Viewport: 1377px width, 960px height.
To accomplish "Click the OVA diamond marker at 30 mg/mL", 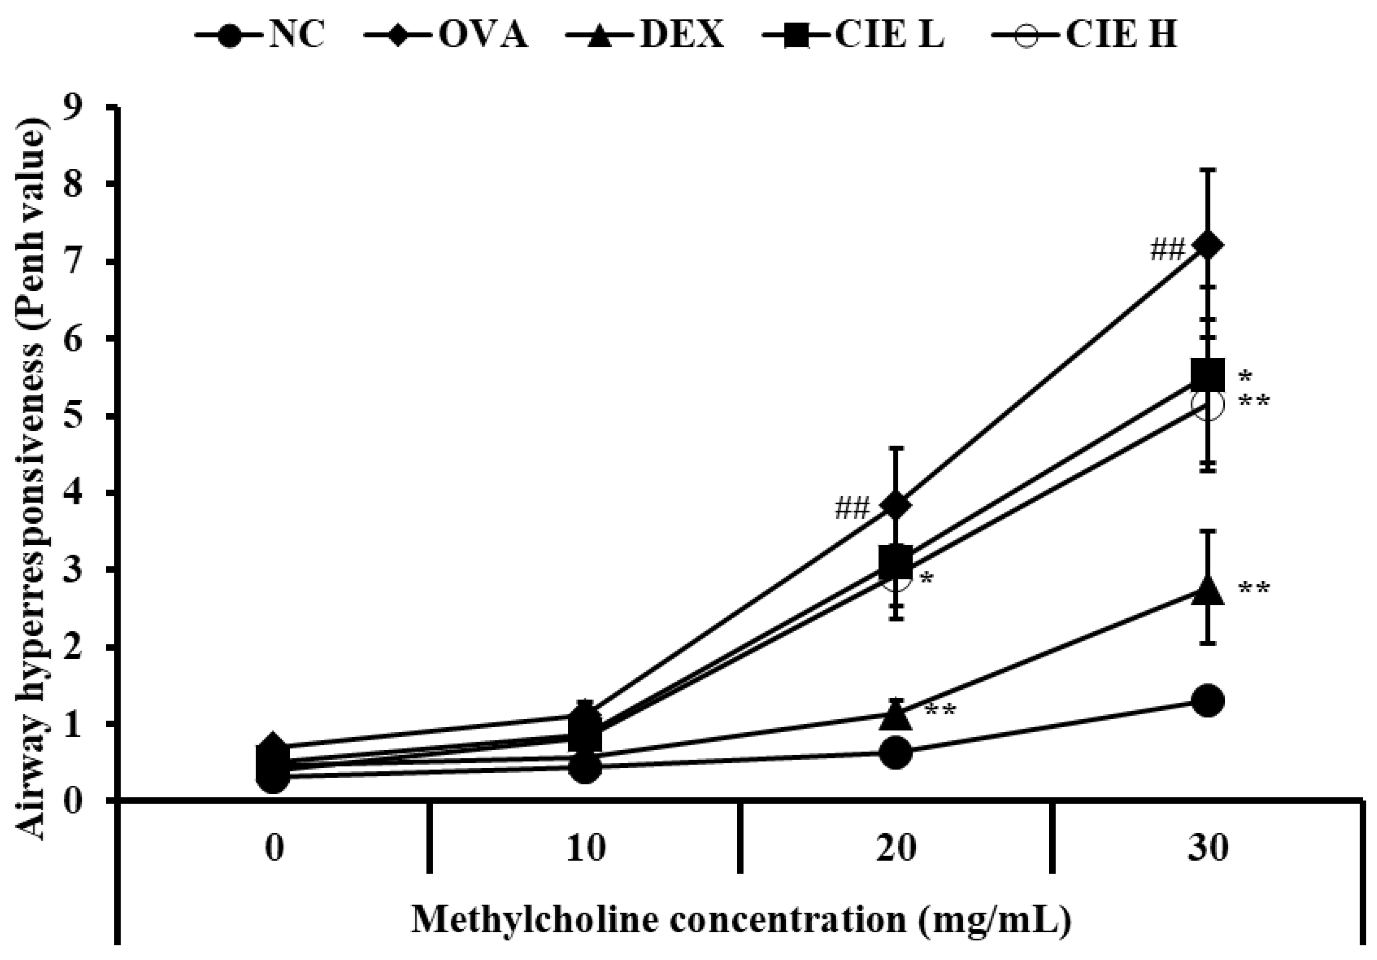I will click(1207, 246).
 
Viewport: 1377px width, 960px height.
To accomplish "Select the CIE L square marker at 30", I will click(1207, 374).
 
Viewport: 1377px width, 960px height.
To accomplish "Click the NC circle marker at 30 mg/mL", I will click(1207, 701).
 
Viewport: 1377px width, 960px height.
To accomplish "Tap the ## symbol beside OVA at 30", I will click(1167, 250).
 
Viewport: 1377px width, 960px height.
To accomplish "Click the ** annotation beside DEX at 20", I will click(940, 712).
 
